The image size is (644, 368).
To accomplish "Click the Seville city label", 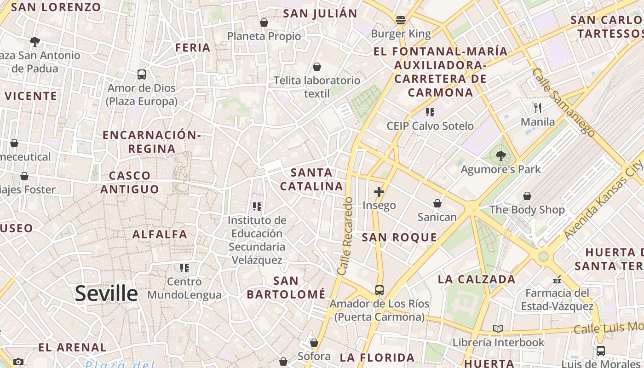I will click(106, 293).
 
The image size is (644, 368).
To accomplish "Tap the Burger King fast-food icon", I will click(401, 20).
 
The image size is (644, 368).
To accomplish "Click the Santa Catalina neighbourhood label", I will click(312, 179).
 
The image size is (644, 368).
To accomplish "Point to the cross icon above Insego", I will click(379, 192).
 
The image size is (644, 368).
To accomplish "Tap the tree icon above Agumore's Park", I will click(500, 156).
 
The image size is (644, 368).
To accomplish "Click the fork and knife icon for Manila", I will click(537, 108).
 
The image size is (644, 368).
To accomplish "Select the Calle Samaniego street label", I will click(563, 102).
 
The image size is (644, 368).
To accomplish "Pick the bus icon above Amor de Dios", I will click(142, 74).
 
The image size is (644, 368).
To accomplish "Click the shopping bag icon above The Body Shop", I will click(527, 196).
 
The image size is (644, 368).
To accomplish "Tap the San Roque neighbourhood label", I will click(399, 237).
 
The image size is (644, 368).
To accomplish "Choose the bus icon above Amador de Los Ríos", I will click(379, 290).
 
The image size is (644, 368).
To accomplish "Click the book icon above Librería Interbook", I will click(498, 328).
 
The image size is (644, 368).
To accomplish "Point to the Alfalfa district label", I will click(160, 234).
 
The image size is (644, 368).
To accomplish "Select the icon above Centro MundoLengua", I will click(184, 268).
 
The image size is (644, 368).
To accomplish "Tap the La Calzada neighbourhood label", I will click(477, 279).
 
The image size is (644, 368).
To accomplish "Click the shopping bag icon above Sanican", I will click(437, 203).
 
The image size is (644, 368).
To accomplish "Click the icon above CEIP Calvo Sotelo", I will click(430, 112).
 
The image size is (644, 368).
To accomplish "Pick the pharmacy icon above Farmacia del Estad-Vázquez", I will click(557, 279).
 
